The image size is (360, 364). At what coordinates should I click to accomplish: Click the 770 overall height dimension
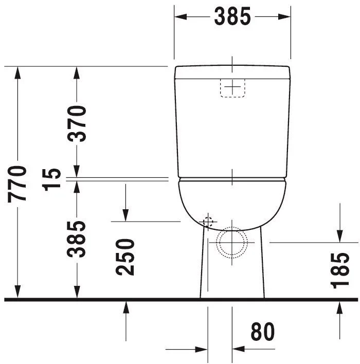click(17, 184)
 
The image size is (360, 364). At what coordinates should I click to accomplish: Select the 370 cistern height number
click(77, 123)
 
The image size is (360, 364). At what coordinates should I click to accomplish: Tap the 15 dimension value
click(51, 179)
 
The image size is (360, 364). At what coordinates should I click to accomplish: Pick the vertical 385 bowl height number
click(77, 239)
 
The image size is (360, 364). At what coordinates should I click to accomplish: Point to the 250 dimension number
click(125, 257)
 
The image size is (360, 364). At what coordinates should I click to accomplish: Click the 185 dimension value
click(339, 270)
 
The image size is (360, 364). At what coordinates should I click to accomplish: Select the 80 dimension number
click(263, 332)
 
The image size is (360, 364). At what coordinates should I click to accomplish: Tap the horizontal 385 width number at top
click(232, 16)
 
